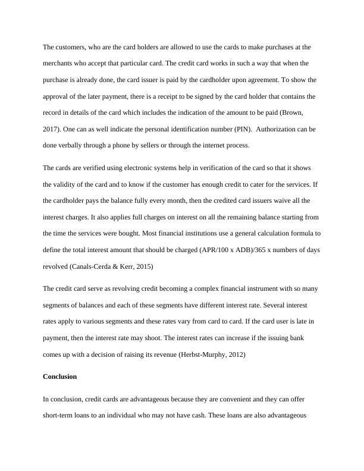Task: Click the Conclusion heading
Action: point(60,377)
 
